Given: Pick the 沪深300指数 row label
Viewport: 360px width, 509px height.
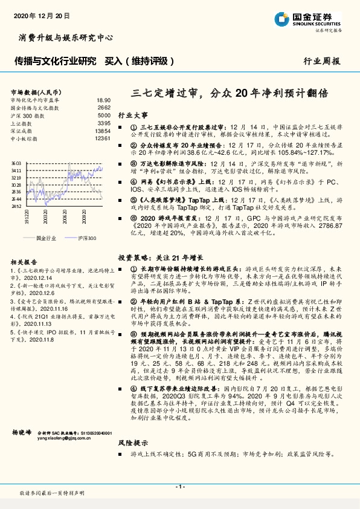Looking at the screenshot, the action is [29, 115].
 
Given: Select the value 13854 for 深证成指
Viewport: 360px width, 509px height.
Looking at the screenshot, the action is [103, 130].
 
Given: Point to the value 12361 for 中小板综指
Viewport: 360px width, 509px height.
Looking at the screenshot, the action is [103, 138].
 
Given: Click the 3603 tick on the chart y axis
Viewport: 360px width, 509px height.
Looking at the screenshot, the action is [16, 164].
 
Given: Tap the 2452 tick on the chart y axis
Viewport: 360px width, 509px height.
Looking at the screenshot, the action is [16, 206].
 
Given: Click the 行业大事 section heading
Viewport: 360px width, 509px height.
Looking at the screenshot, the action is [132, 114].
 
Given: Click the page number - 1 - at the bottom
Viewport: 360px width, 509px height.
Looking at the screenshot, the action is [179, 487].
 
